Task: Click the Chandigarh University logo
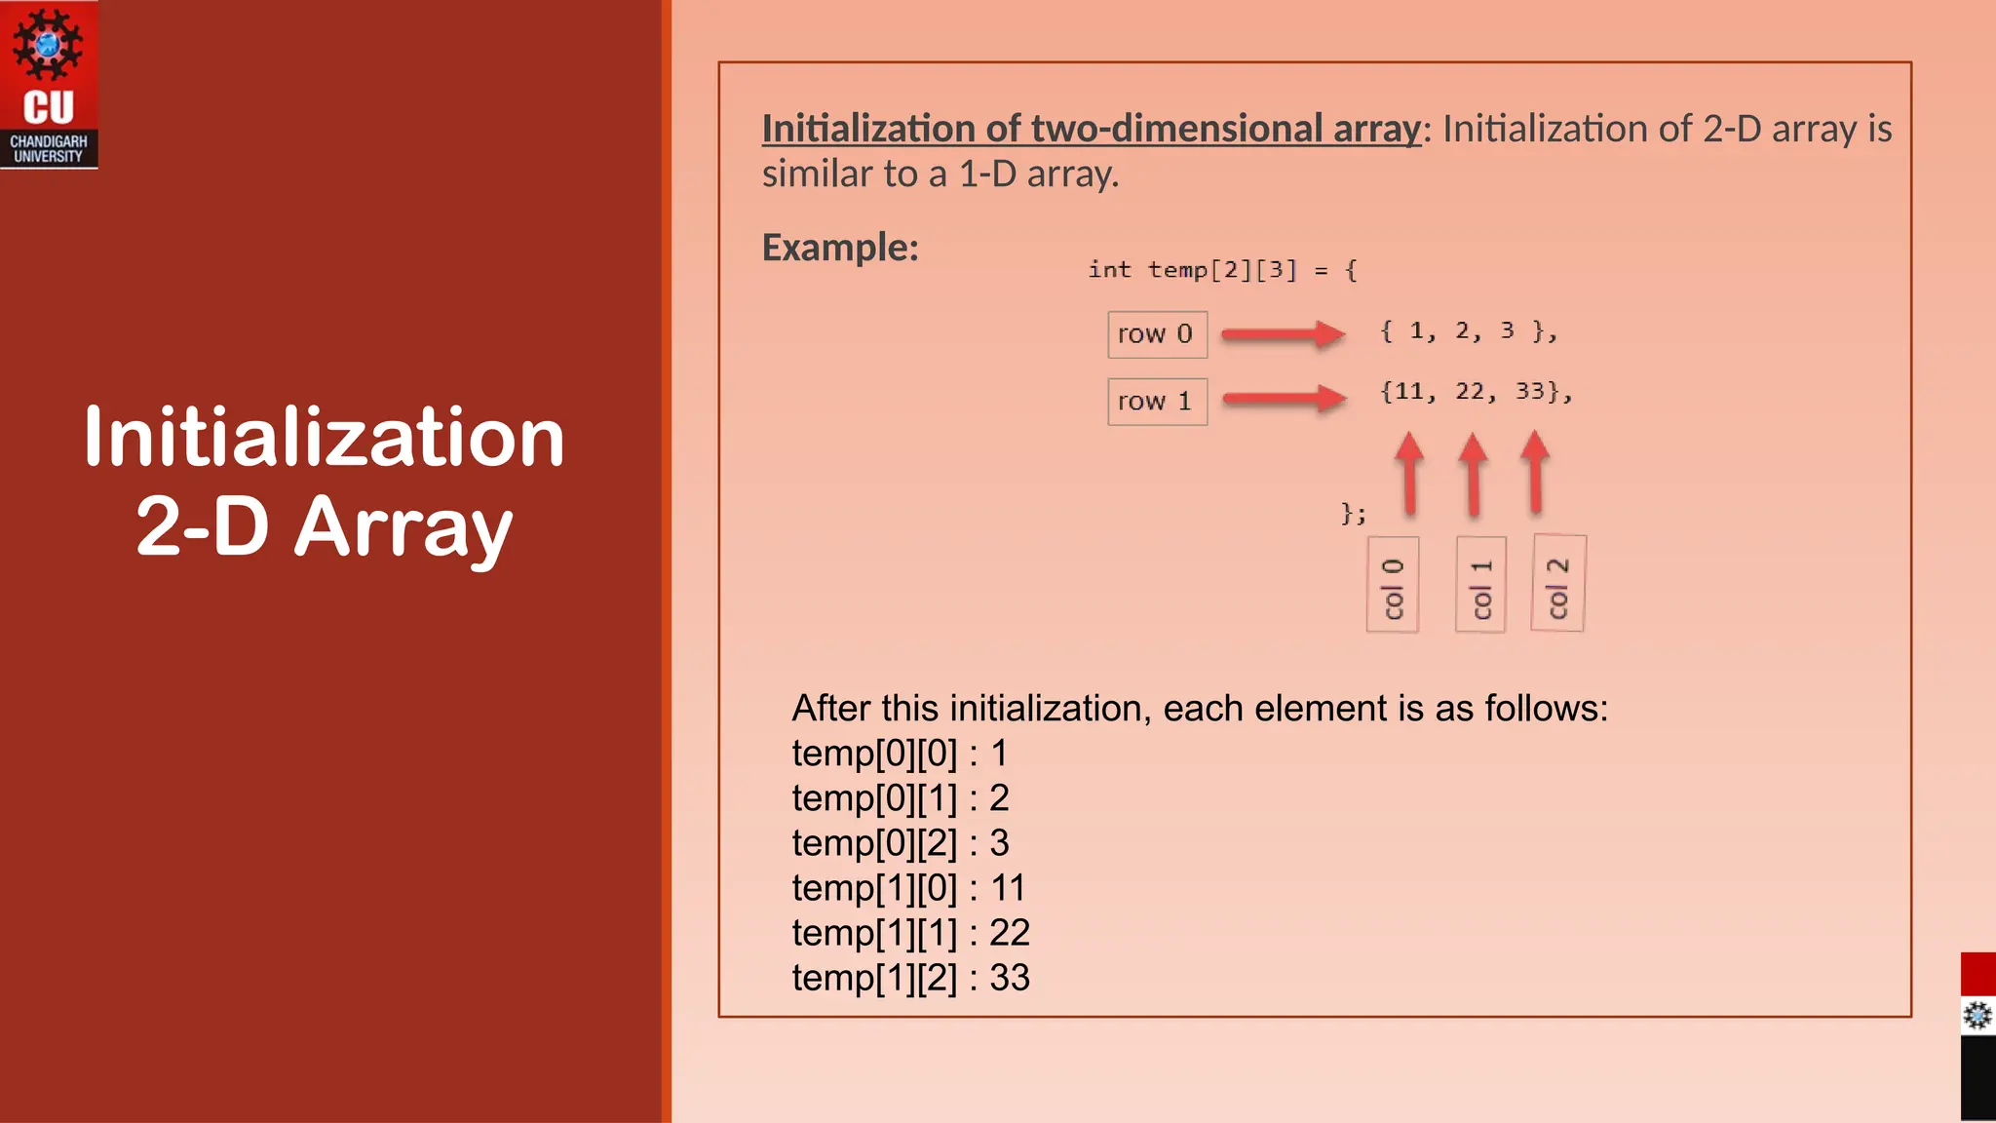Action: point(49,85)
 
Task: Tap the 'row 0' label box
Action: point(1157,334)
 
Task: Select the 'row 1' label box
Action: point(1157,402)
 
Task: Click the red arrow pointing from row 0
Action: point(1283,334)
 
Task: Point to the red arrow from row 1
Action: point(1284,398)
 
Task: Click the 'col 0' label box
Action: point(1393,585)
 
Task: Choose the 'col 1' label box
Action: point(1480,585)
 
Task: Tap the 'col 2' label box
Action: point(1558,584)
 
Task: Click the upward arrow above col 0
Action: point(1409,473)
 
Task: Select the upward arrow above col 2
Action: point(1536,472)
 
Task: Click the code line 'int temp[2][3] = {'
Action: point(1222,270)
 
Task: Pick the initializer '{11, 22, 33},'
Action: point(1476,392)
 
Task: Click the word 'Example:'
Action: point(840,248)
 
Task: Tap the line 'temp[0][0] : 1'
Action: point(900,754)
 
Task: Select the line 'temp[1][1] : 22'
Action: point(910,933)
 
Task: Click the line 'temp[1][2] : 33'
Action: point(910,978)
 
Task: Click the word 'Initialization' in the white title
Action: point(324,438)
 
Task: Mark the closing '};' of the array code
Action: point(1354,513)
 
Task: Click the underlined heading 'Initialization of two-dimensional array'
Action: point(1092,129)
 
